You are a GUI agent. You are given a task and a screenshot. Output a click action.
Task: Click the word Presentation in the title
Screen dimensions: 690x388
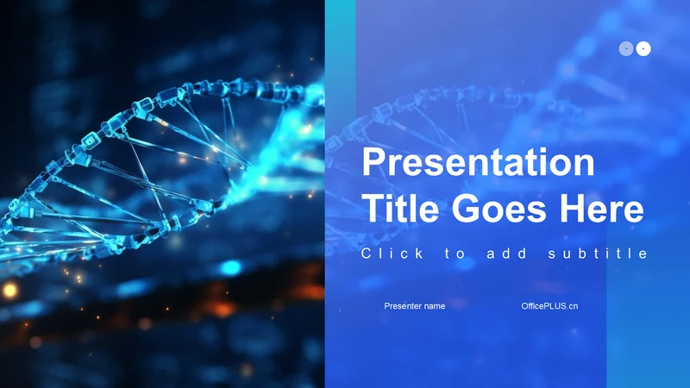pyautogui.click(x=479, y=162)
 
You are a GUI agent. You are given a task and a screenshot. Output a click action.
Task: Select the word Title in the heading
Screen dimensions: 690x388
pyautogui.click(x=400, y=209)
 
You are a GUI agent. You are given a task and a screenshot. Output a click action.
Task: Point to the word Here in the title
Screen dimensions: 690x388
pyautogui.click(x=601, y=209)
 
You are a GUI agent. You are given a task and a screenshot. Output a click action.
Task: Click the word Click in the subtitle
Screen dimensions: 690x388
pyautogui.click(x=392, y=253)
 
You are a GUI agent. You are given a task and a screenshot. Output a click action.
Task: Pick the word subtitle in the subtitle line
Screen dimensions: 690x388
pyautogui.click(x=598, y=253)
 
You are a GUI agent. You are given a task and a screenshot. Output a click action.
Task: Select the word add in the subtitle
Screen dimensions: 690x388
pyautogui.click(x=506, y=253)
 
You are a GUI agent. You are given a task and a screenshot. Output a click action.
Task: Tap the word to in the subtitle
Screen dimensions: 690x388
pyautogui.click(x=455, y=253)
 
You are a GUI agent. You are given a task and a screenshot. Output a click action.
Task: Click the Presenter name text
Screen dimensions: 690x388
pyautogui.click(x=415, y=306)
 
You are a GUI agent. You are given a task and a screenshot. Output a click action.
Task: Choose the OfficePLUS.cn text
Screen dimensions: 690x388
pyautogui.click(x=549, y=306)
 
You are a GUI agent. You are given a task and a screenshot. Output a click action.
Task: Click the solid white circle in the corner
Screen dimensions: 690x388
pyautogui.click(x=643, y=48)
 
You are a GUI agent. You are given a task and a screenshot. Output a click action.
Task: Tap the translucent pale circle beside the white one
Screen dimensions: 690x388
pyautogui.click(x=626, y=48)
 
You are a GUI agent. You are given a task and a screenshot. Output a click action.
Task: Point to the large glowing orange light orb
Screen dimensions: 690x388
pyautogui.click(x=9, y=291)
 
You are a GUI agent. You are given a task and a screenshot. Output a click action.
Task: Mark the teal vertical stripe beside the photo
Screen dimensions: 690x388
pyautogui.click(x=340, y=194)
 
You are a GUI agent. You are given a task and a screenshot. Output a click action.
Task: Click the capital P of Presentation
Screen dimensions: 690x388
pyautogui.click(x=373, y=162)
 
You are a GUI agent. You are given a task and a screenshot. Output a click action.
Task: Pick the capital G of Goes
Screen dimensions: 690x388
pyautogui.click(x=465, y=209)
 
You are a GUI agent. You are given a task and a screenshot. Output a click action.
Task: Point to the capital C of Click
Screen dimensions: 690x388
pyautogui.click(x=367, y=253)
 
